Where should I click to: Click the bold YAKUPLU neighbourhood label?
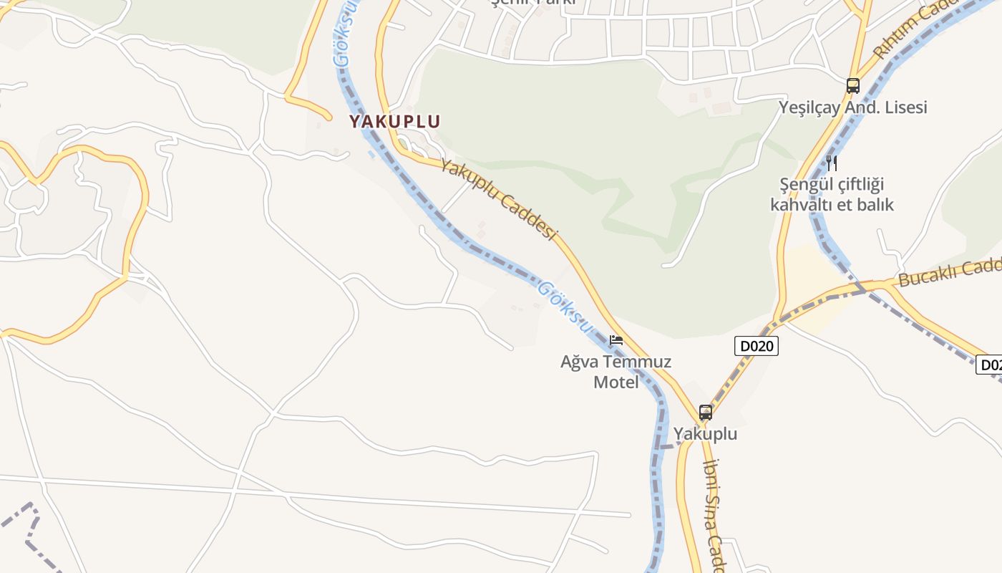(394, 121)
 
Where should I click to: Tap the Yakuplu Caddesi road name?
(498, 199)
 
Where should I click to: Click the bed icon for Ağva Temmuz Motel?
(616, 340)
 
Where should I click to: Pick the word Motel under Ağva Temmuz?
(616, 382)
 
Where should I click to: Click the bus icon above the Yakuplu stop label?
(706, 413)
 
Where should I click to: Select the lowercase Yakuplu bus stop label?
(705, 434)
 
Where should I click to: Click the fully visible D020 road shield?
(757, 346)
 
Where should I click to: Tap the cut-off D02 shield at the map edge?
(989, 365)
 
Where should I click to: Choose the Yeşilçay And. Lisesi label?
(852, 107)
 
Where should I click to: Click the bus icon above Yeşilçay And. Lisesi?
(852, 86)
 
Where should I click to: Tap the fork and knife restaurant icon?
(831, 163)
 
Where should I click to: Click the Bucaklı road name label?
(948, 272)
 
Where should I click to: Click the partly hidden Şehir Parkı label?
(533, 3)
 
